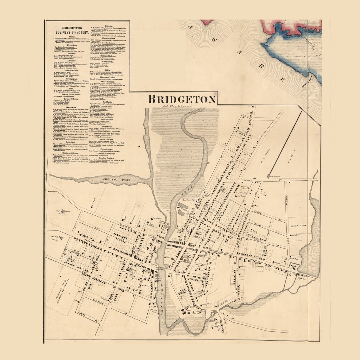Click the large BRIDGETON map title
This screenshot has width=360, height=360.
182,99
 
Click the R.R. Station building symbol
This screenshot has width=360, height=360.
269,176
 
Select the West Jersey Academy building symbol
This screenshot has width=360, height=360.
63,211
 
